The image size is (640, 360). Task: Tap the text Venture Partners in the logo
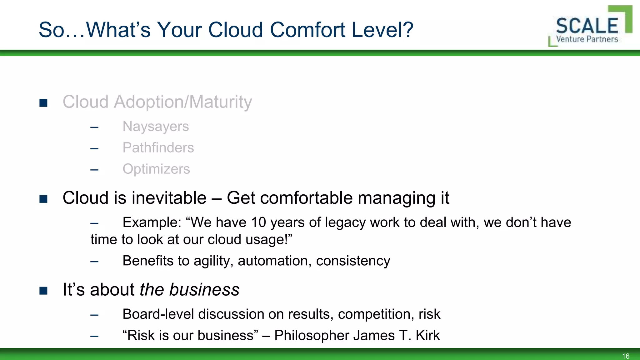(x=587, y=39)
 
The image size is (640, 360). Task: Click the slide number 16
(x=626, y=356)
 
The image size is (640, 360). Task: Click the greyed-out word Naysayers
(x=156, y=127)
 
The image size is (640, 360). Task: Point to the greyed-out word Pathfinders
(x=158, y=148)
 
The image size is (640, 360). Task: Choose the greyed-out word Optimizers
(x=156, y=169)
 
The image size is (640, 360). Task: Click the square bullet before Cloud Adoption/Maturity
(x=43, y=103)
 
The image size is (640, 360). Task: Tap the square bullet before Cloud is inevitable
(x=43, y=199)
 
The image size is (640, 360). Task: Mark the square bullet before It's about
(x=43, y=291)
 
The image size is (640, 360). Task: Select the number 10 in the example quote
(x=258, y=222)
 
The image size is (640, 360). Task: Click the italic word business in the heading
(x=204, y=289)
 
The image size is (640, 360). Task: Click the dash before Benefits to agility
(x=94, y=262)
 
